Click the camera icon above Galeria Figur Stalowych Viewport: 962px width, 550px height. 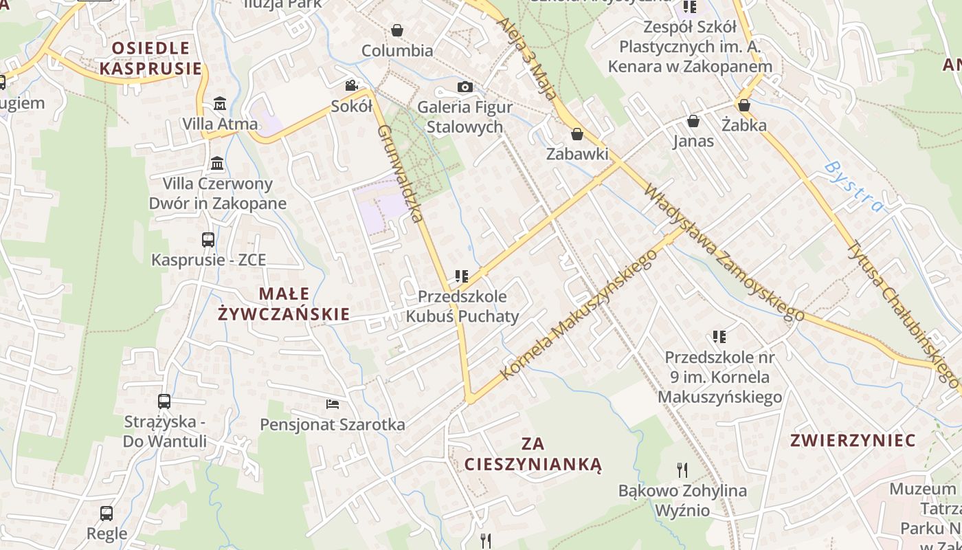[465, 87]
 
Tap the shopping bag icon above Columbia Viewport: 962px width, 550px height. [396, 30]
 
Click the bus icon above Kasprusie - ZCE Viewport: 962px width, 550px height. [208, 240]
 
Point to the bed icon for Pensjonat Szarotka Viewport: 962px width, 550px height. [333, 404]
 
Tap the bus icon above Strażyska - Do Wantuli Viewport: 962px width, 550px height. [164, 401]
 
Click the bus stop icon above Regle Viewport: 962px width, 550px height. [107, 513]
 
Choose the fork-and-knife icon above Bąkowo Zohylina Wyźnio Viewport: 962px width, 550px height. [682, 470]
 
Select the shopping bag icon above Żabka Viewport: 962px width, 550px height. [743, 105]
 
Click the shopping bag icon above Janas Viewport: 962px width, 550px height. [693, 121]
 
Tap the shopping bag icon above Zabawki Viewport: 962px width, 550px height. [577, 134]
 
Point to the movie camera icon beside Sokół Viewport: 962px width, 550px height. [351, 85]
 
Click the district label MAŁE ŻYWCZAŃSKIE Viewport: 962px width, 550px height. [284, 304]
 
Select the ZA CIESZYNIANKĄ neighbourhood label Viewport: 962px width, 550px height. [533, 454]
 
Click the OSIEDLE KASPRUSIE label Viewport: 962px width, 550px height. [151, 58]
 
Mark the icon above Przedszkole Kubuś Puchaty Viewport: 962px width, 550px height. [462, 276]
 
